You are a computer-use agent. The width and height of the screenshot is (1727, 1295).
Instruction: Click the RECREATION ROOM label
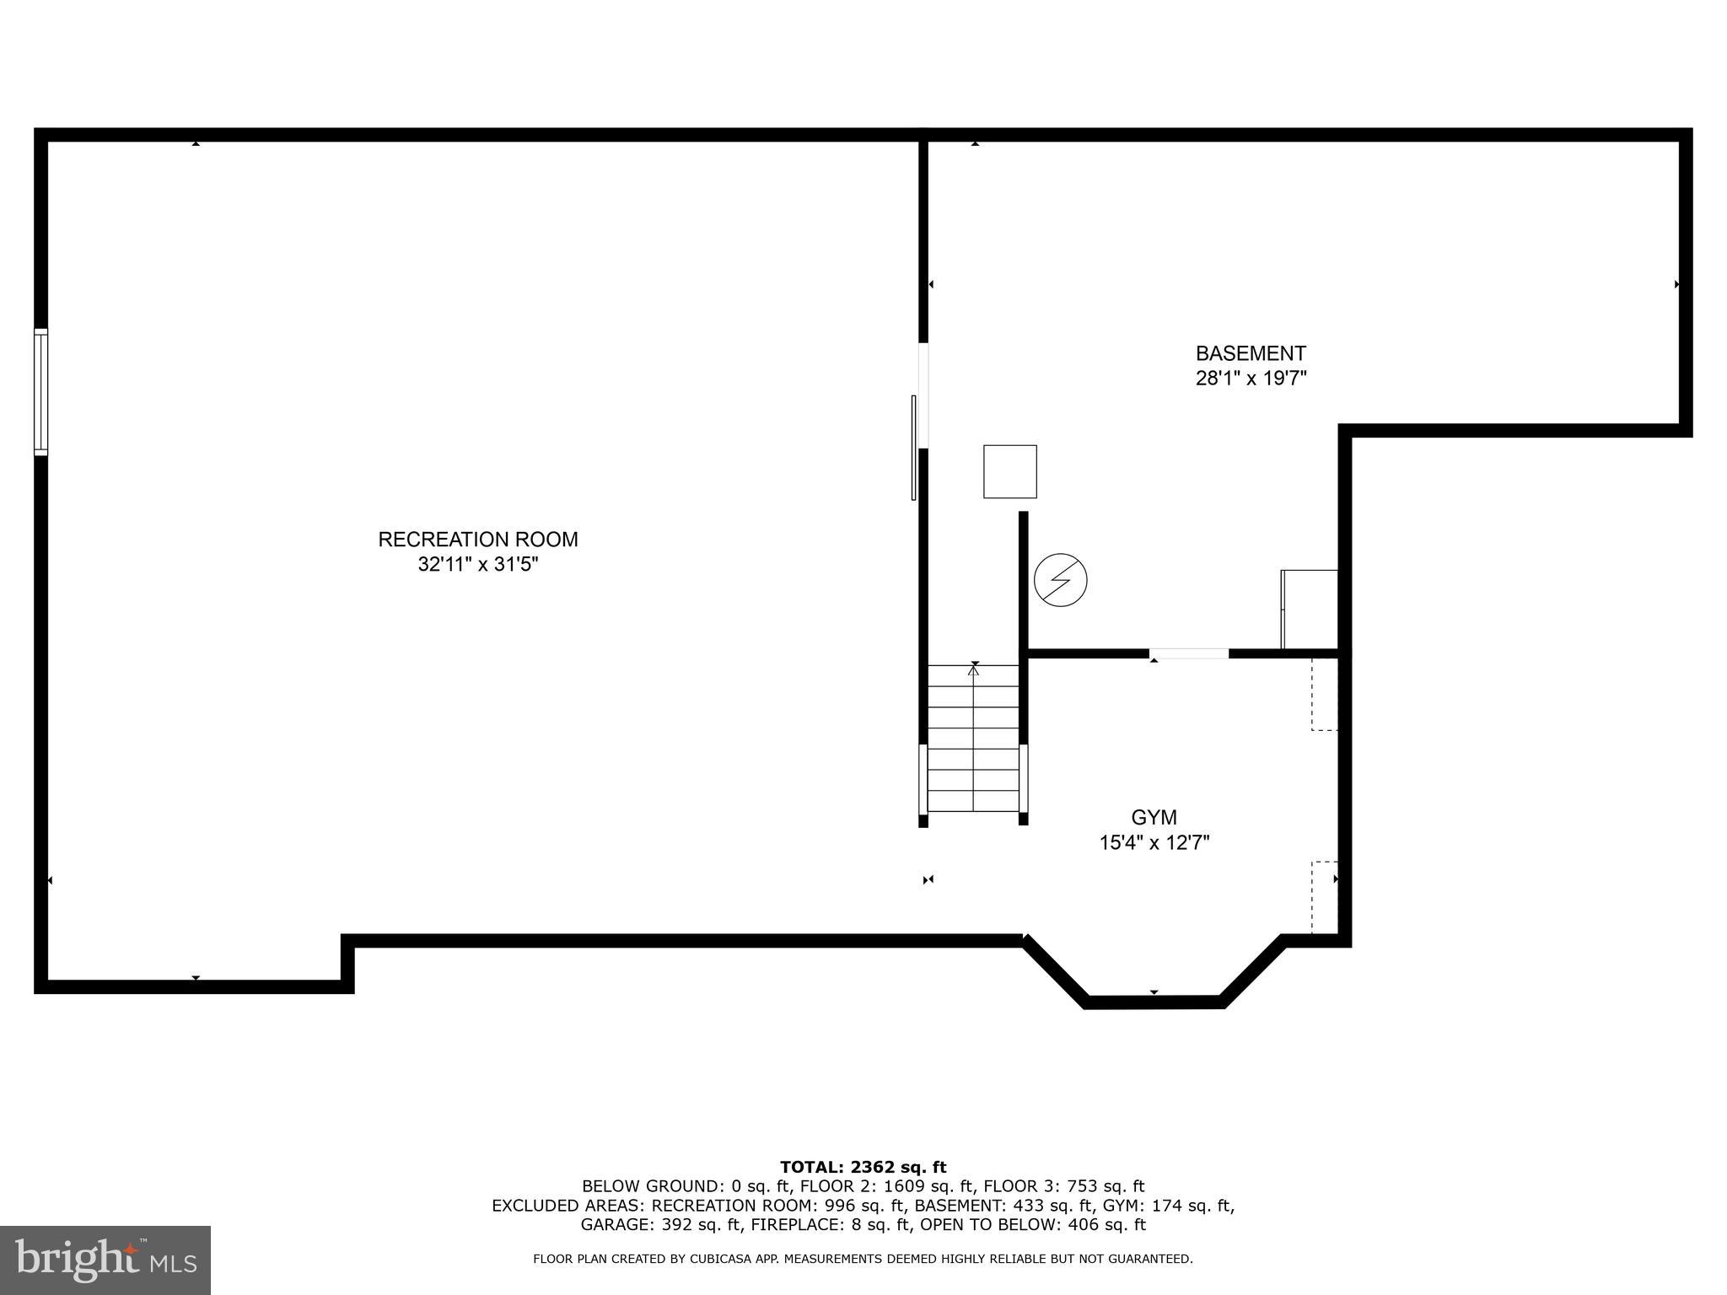[x=477, y=540]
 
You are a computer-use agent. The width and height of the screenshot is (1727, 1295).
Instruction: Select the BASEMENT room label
[x=1251, y=353]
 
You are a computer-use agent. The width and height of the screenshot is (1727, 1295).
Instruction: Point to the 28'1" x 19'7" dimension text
[x=1251, y=379]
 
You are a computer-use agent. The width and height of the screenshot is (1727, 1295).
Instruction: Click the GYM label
[x=1154, y=818]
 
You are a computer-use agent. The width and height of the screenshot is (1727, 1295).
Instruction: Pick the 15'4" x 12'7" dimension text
[x=1154, y=843]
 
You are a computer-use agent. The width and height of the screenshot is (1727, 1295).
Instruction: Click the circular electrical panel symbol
[x=1060, y=580]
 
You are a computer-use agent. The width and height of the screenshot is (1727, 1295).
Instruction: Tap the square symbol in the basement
[x=1009, y=471]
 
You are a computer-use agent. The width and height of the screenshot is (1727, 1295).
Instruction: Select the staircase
[x=973, y=739]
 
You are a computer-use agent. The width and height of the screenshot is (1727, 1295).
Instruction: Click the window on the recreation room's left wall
[x=40, y=392]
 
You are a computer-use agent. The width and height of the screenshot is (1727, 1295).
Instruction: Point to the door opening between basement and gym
[x=1189, y=653]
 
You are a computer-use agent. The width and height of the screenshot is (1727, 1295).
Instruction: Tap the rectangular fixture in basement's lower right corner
[x=1309, y=609]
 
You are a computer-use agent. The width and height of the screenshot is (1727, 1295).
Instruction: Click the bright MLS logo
[x=105, y=1260]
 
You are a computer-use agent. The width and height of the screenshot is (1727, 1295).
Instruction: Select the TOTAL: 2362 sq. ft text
[x=863, y=1167]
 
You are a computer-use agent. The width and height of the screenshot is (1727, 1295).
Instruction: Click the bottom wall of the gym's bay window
[x=1154, y=1002]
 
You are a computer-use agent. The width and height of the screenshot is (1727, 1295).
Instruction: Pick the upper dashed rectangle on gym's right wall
[x=1324, y=694]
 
